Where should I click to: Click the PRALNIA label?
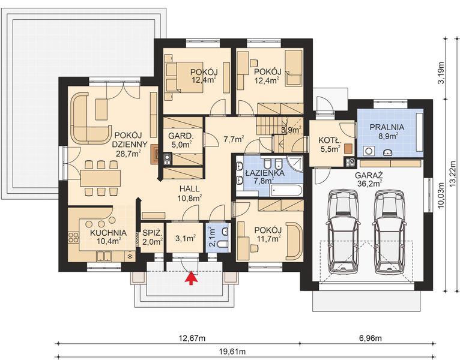pyautogui.click(x=386, y=128)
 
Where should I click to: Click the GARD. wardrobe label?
pyautogui.click(x=180, y=136)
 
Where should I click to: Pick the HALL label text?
pyautogui.click(x=189, y=188)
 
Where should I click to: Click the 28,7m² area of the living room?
pyautogui.click(x=128, y=153)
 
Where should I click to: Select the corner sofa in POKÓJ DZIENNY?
pyautogui.click(x=88, y=117)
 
